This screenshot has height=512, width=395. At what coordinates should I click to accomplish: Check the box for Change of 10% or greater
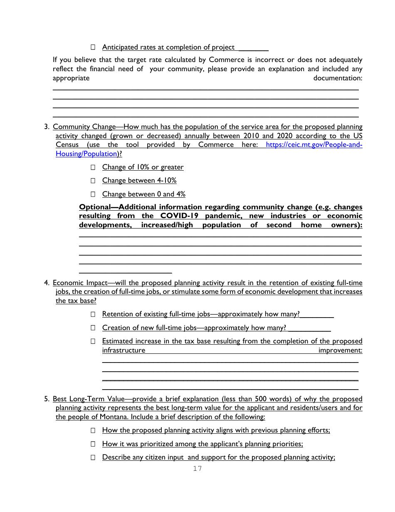(93, 167)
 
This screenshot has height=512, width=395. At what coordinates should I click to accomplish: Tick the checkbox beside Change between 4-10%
(93, 181)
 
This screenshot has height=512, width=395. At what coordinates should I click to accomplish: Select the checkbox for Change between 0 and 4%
(93, 194)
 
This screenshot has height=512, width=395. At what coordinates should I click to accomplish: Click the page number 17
(197, 469)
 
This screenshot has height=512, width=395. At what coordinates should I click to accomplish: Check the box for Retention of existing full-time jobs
(93, 314)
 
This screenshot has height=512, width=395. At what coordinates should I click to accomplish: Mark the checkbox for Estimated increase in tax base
(93, 341)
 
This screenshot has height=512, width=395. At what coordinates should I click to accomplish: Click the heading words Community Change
(84, 127)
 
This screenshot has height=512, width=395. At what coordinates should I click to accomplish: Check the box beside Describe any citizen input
(93, 457)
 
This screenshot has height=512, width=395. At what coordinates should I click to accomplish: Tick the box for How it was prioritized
(93, 444)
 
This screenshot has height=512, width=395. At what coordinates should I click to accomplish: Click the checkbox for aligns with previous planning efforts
(93, 430)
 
